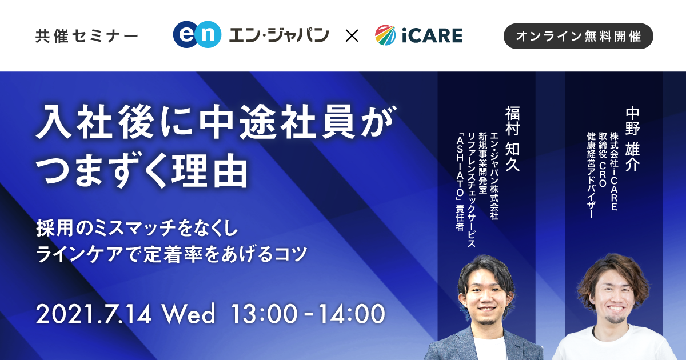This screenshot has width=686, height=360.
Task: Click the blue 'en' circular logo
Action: click(x=197, y=35)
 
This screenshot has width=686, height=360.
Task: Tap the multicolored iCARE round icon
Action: click(x=385, y=35)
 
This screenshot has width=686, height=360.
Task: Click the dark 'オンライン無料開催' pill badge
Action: click(x=578, y=36)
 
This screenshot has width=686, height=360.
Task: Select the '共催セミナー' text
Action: click(x=87, y=36)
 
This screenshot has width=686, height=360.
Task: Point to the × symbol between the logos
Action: click(x=352, y=36)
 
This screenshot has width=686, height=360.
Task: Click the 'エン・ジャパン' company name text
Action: click(x=279, y=35)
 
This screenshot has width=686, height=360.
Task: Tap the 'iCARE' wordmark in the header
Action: click(x=432, y=35)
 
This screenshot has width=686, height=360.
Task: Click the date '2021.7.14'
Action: click(x=94, y=314)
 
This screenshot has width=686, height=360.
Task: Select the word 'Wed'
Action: click(x=189, y=314)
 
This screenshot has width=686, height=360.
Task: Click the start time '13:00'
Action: click(x=264, y=314)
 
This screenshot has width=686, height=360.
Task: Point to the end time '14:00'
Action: click(x=352, y=314)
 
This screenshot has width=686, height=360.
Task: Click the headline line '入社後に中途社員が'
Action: click(x=216, y=122)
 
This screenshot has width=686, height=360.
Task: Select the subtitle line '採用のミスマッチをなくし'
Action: click(x=137, y=229)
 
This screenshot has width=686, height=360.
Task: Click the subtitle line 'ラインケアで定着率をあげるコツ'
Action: click(x=171, y=254)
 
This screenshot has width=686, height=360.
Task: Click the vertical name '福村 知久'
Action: click(x=512, y=138)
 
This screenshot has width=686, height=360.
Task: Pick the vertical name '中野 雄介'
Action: click(x=633, y=139)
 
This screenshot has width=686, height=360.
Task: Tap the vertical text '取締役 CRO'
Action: click(x=603, y=159)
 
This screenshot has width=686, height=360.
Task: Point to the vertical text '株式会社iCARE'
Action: click(x=614, y=171)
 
